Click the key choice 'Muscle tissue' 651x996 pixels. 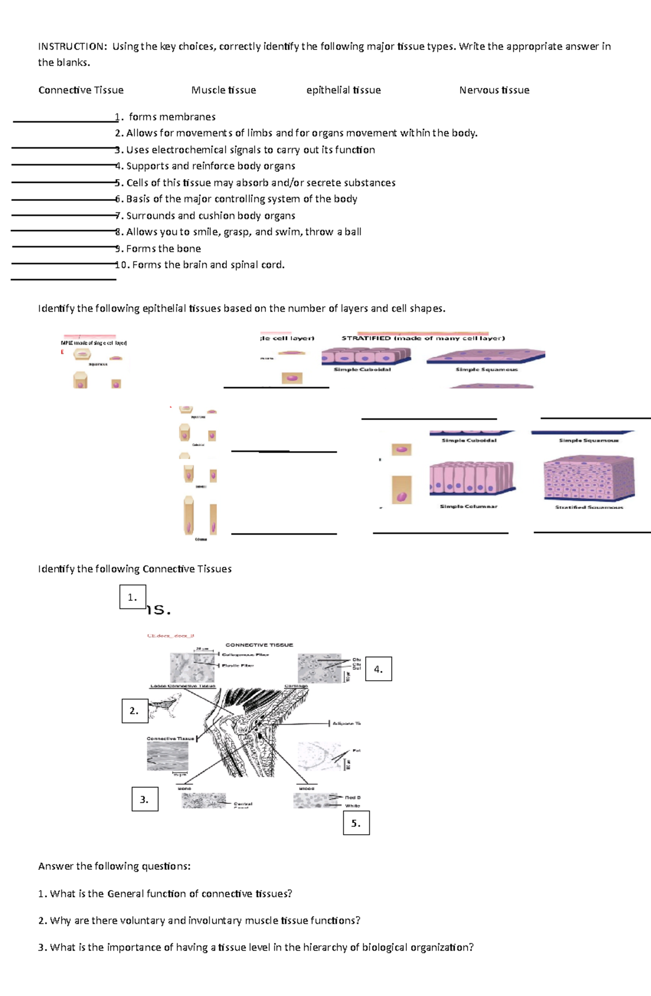[224, 90]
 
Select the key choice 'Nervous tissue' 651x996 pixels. [494, 90]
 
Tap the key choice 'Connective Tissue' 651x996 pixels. [81, 90]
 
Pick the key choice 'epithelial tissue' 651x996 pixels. [343, 90]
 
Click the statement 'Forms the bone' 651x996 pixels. [163, 249]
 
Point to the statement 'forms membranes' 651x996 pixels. [172, 117]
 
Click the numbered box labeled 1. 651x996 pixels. [132, 597]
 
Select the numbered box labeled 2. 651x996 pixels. [135, 710]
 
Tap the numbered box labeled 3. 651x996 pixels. [145, 799]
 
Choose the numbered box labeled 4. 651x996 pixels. [378, 669]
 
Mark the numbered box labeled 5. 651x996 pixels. [356, 823]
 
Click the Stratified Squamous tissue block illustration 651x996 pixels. [589, 478]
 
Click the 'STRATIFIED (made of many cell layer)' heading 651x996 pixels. [423, 338]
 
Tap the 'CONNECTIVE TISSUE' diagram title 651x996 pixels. [259, 645]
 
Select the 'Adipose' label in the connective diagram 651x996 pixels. [346, 724]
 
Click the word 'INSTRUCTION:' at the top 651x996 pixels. [73, 47]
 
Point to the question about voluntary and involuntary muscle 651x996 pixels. [199, 921]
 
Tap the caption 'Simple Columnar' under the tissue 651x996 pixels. [469, 506]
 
